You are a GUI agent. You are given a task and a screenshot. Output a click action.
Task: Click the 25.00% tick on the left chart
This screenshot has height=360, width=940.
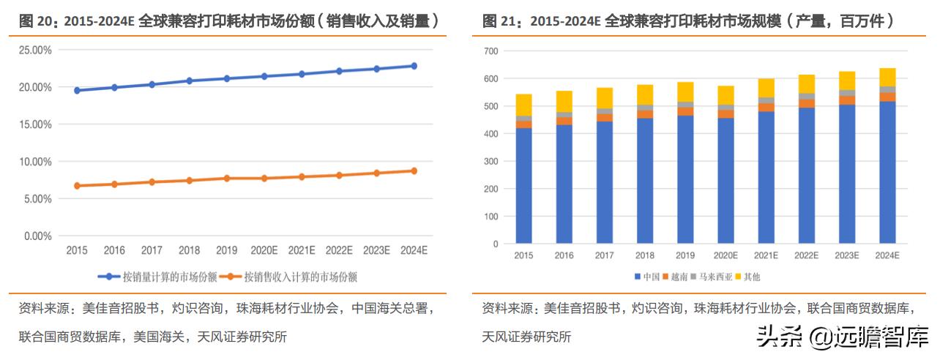(x=34, y=50)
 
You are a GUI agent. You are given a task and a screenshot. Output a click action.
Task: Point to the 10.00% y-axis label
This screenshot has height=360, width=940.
(x=34, y=162)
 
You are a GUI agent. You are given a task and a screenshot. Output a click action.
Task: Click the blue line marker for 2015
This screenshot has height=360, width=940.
(x=77, y=91)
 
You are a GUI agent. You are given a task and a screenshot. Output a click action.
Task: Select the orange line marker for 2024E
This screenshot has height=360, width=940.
(x=414, y=170)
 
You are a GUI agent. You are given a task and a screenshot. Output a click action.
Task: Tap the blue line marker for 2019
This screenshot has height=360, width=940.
(x=227, y=78)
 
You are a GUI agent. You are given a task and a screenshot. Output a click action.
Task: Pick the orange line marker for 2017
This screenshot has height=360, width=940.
(x=152, y=181)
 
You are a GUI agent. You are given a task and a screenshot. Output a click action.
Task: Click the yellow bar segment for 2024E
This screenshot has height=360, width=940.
(x=887, y=77)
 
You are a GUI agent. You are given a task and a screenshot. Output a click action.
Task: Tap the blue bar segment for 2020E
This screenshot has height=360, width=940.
(x=725, y=180)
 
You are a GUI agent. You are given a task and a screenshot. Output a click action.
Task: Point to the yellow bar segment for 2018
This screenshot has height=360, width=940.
(x=645, y=94)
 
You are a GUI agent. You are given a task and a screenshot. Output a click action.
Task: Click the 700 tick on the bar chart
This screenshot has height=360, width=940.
(x=490, y=51)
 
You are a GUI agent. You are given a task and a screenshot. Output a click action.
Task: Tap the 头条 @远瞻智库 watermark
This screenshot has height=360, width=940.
(x=841, y=337)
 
